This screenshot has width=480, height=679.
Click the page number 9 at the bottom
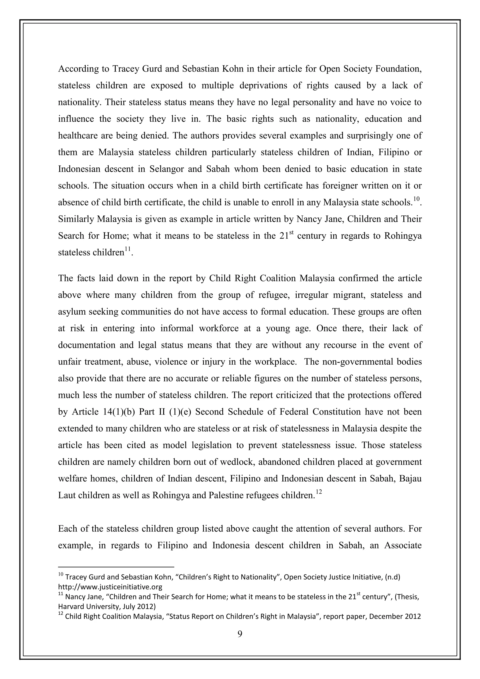tap(240, 634)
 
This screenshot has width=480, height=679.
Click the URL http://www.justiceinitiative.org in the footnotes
tap(110, 587)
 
